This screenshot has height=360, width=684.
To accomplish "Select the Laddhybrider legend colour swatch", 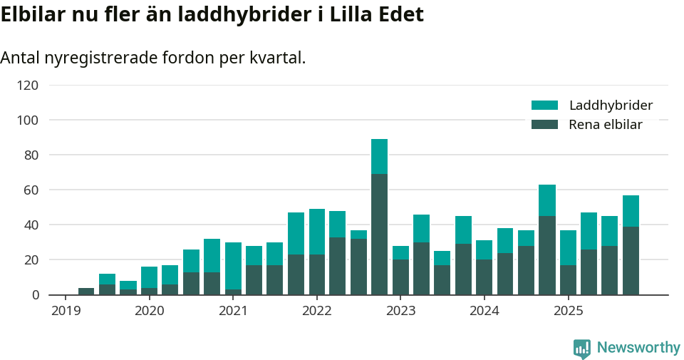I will click(544, 106).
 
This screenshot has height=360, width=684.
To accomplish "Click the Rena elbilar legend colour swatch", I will click(544, 125).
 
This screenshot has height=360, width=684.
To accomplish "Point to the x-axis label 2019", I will click(66, 311).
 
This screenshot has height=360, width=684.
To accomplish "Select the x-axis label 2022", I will click(317, 311).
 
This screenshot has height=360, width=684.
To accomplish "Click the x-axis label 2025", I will click(569, 311).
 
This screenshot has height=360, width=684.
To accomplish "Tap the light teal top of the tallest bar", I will click(379, 156).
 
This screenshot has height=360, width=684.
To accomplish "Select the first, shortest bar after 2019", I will click(86, 291).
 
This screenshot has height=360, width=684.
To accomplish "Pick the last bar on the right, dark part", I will click(631, 260).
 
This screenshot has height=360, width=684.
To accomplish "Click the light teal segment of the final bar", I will click(631, 211).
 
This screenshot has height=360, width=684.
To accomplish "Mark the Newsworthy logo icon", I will click(581, 348).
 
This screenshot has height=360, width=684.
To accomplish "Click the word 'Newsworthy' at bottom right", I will click(638, 348).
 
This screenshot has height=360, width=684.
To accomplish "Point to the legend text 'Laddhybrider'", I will click(611, 106).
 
